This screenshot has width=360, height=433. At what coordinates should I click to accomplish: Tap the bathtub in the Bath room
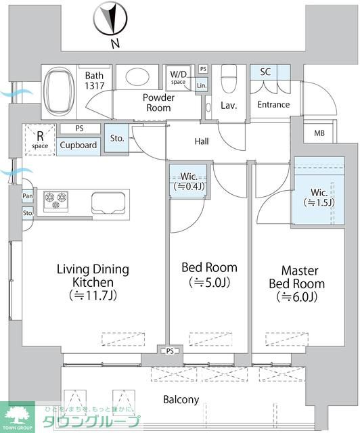[60, 92]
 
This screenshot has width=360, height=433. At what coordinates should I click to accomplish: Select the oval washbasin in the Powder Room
[137, 76]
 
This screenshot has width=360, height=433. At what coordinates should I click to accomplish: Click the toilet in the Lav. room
[229, 78]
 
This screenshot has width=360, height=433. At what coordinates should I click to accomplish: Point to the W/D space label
[178, 77]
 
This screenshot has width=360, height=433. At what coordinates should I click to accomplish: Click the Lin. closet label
[202, 86]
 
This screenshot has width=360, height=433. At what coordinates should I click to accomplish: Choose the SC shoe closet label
[265, 72]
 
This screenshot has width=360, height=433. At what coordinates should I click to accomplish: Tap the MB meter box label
[319, 133]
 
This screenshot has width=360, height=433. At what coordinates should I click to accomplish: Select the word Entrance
[273, 104]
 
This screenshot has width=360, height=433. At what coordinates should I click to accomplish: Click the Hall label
[202, 141]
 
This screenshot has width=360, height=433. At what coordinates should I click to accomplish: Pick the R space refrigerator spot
[40, 139]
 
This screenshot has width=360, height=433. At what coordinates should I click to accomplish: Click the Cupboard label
[78, 145]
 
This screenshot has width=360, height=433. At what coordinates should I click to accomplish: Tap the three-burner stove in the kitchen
[55, 200]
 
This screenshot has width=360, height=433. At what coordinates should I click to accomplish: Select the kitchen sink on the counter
[108, 203]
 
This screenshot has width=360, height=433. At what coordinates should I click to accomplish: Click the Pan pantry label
[27, 196]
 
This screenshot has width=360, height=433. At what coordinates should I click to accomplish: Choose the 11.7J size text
[93, 296]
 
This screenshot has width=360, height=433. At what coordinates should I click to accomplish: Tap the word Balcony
[181, 400]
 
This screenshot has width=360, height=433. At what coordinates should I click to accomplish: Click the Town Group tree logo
[17, 417]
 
